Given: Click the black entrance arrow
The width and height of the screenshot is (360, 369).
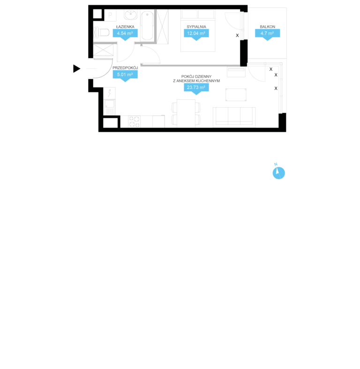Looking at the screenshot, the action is [x=76, y=69].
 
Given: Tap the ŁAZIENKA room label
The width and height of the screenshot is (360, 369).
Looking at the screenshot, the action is [x=125, y=27].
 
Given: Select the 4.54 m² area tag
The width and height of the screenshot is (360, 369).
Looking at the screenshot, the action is [x=125, y=35].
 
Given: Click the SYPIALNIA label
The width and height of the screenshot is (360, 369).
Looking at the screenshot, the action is [x=196, y=27].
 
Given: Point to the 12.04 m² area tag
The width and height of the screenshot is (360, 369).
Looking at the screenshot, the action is [x=196, y=35].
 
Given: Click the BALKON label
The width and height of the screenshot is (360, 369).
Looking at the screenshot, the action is [x=267, y=27].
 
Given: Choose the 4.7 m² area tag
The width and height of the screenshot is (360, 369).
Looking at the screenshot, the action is [x=267, y=35].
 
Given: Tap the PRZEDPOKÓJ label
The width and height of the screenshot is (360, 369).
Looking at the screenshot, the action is [x=125, y=68].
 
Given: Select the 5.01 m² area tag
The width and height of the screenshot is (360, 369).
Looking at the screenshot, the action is [x=125, y=76].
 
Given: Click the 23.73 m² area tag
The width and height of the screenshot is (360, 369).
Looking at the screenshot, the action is [x=196, y=89].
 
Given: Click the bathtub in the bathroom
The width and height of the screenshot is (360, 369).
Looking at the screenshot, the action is [x=147, y=26].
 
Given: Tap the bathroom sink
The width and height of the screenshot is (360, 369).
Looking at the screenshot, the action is [x=131, y=15].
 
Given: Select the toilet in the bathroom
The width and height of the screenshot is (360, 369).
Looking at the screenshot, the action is [x=102, y=32].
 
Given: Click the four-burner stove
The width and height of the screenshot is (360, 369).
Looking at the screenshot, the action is [x=134, y=122].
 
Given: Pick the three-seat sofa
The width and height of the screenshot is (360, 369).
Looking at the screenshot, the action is [x=234, y=117].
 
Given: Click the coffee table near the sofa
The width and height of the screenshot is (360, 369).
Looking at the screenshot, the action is [x=236, y=95].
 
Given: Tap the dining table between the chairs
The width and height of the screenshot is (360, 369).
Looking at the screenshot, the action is [x=186, y=113].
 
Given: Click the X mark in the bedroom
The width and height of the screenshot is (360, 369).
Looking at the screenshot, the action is [x=237, y=36].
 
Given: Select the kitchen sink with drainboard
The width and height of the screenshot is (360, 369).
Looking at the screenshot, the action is [x=109, y=107].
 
